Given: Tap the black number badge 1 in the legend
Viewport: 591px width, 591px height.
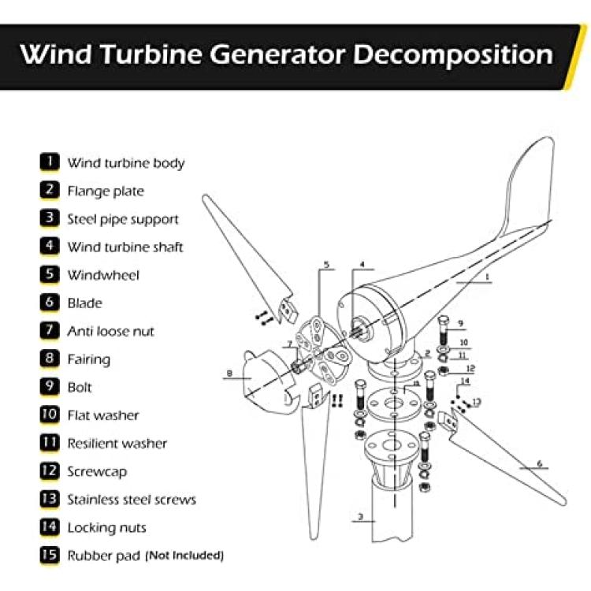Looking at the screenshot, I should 50,162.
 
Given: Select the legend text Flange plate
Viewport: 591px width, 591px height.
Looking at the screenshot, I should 106,191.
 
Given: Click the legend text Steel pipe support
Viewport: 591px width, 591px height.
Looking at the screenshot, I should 123,219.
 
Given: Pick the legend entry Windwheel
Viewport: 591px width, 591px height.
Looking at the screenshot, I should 103,275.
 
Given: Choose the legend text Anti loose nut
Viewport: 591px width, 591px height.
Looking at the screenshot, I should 111,331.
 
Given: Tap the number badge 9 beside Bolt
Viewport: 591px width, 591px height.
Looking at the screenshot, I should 50,387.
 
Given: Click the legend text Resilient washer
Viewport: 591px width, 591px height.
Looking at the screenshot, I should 117,443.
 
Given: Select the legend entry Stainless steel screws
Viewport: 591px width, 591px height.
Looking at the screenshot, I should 132,499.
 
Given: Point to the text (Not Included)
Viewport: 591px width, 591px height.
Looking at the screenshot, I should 184,556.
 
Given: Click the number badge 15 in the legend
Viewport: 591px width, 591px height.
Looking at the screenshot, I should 50,555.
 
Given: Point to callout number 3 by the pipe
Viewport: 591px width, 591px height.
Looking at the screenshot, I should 360,518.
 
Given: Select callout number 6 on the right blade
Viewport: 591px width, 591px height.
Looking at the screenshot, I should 539,463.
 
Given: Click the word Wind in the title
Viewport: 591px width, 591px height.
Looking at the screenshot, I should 55,54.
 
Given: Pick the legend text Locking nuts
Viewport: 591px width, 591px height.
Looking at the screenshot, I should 106,527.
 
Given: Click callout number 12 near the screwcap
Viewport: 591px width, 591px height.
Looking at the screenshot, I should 470,368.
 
